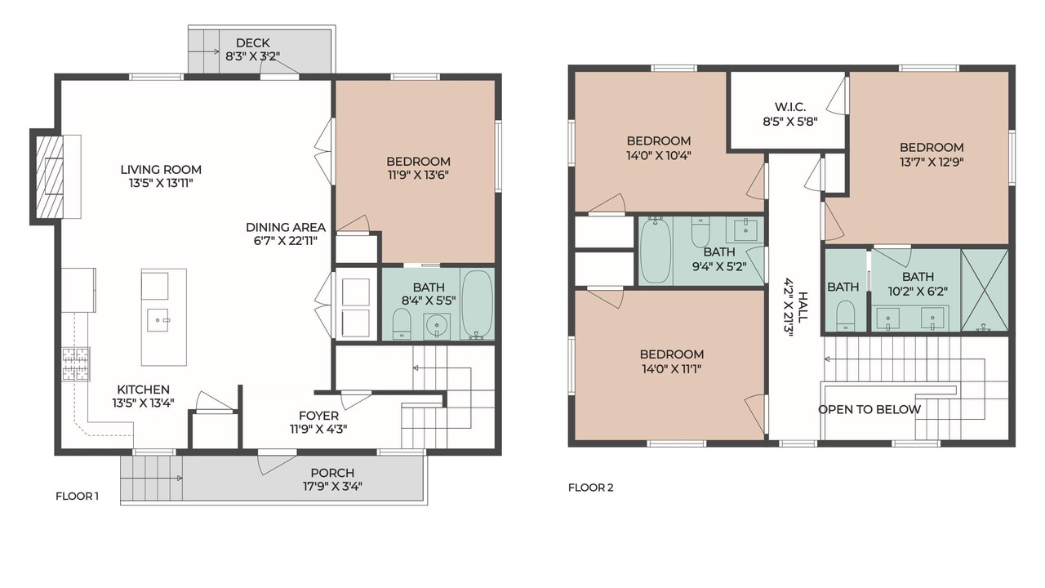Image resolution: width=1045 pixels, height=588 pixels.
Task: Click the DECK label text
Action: click(253, 43)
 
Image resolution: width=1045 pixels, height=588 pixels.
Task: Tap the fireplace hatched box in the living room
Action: click(50, 176)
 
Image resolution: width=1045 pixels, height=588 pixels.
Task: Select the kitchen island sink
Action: click(158, 320)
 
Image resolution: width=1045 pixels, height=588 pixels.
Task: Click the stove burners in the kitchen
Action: click(76, 364)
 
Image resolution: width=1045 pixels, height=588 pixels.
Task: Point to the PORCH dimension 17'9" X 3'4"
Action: click(332, 486)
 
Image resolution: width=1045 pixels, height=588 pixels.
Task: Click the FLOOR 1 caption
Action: click(77, 496)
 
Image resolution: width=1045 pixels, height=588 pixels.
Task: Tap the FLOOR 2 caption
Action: click(590, 488)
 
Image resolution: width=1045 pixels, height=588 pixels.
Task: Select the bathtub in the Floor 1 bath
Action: click(478, 305)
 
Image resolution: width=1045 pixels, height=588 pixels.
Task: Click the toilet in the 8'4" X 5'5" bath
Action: click(402, 323)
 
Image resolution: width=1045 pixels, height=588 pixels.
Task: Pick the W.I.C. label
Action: click(790, 107)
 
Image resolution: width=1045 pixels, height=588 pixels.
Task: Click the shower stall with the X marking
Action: click(985, 290)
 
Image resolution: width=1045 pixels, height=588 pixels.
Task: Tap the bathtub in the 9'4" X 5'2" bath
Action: click(656, 250)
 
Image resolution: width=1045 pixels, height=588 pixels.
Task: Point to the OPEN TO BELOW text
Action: click(869, 410)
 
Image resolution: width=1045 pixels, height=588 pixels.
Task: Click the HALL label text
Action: click(803, 306)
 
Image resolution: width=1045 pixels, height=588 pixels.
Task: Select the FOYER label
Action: click(318, 416)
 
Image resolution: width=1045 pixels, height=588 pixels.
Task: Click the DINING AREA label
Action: click(286, 227)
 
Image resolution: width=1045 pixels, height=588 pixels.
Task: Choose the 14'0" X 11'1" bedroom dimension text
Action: click(672, 369)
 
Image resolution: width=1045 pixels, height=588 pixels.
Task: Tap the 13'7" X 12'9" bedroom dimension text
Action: click(932, 162)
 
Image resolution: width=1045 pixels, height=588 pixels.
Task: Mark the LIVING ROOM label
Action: click(161, 169)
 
